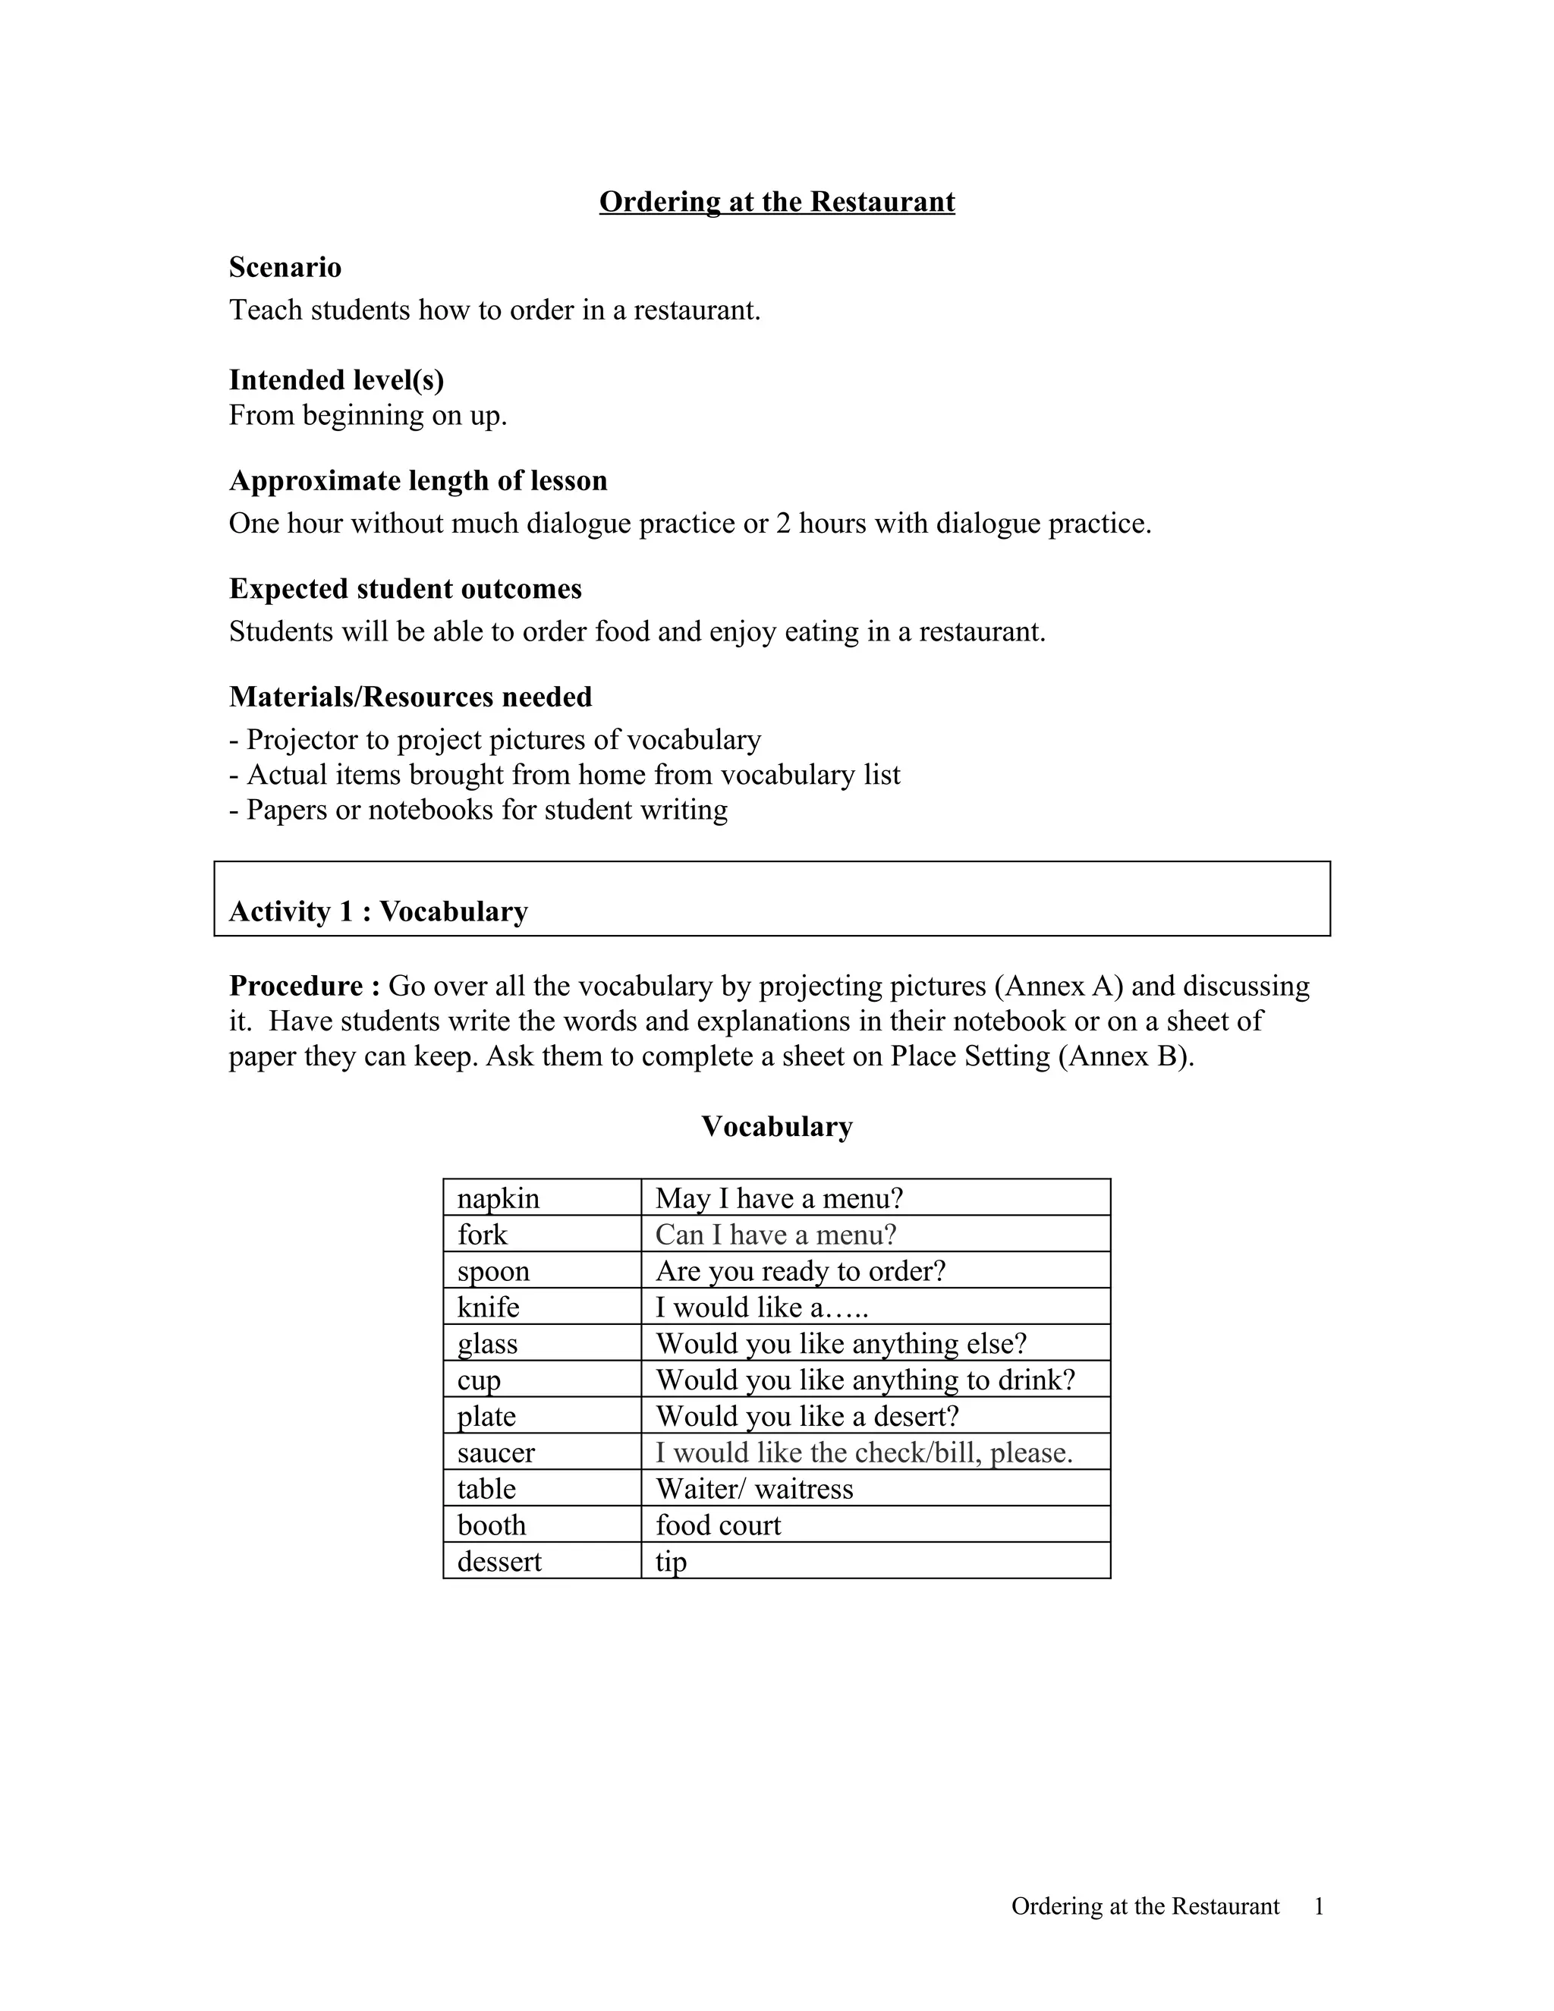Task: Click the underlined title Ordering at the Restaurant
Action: [776, 202]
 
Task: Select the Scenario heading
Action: [285, 267]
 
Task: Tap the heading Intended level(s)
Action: [336, 379]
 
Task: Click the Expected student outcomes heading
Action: [405, 588]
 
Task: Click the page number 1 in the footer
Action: [1318, 1906]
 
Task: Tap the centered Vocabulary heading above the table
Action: [776, 1126]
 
